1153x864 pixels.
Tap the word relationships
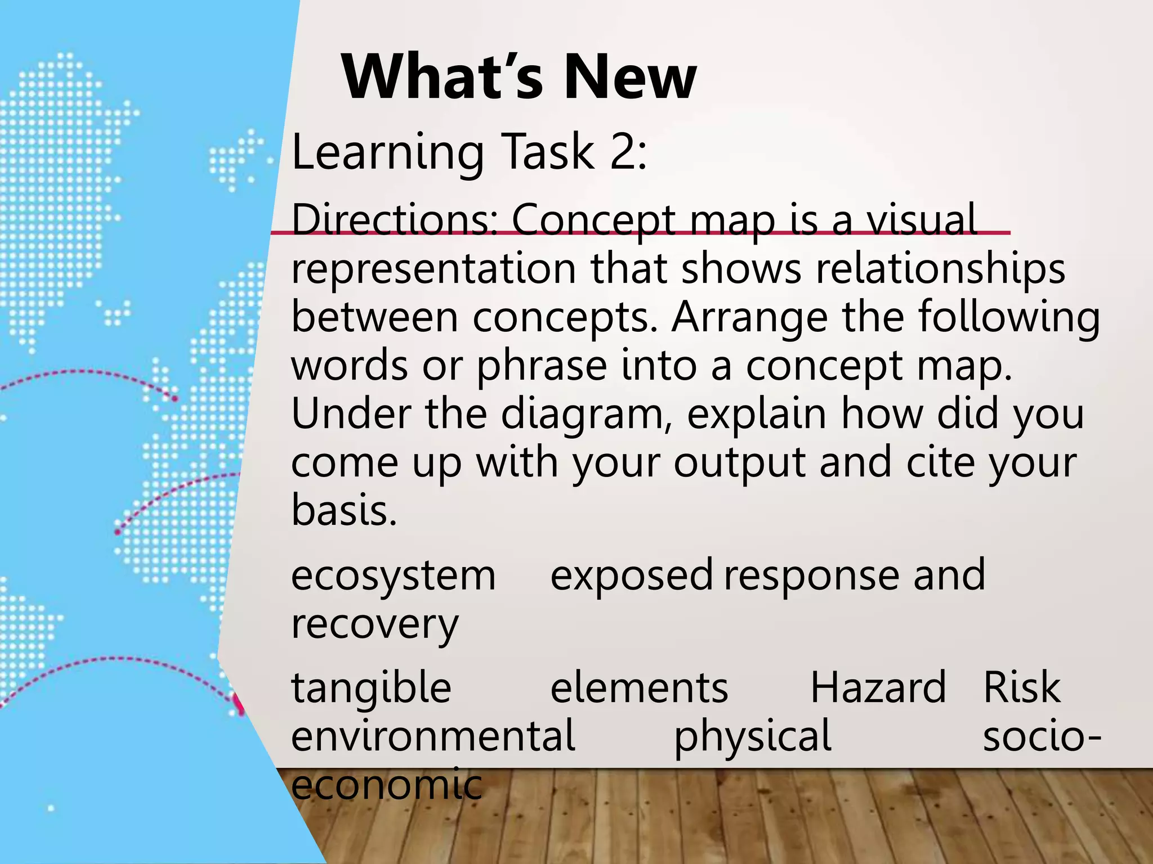pos(940,269)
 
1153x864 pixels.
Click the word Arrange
pos(749,317)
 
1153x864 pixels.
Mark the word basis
pos(343,510)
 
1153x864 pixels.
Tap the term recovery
pos(374,624)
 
